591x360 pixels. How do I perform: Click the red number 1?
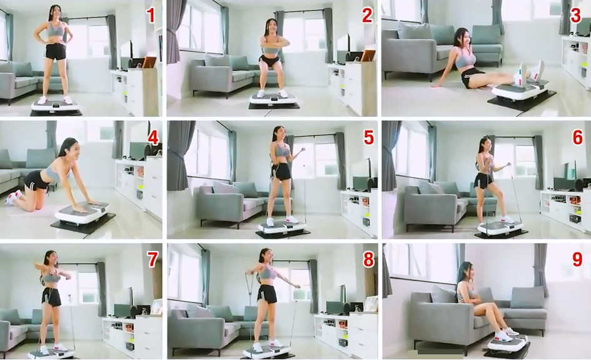(151, 16)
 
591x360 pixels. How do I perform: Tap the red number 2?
(367, 16)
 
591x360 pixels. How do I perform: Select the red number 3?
(575, 16)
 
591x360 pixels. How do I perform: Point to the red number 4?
(153, 138)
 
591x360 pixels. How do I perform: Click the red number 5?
(368, 138)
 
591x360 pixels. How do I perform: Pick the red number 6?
(577, 138)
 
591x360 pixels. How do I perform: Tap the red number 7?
(152, 259)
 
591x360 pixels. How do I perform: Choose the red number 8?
(368, 259)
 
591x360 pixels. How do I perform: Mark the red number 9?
(577, 259)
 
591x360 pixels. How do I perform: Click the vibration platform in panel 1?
(56, 107)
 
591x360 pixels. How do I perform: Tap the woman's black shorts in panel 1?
(56, 52)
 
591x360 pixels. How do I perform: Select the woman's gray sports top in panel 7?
(51, 278)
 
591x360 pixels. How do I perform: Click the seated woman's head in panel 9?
(465, 272)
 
